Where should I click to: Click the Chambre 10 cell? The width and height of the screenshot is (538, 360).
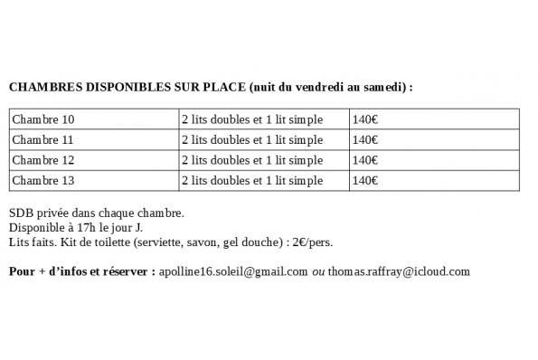(42, 119)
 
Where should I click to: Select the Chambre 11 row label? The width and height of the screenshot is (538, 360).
(42, 140)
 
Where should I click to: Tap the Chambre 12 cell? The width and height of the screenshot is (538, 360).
(42, 160)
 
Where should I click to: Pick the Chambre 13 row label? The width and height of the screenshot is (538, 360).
(42, 180)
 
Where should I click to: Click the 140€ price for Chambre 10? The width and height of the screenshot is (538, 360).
(365, 119)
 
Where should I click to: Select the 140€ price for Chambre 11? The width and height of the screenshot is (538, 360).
(365, 140)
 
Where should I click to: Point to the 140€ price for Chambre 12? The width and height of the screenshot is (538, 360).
(365, 160)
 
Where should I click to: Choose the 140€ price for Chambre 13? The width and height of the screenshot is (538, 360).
(365, 180)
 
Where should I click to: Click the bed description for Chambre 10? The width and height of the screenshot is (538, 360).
(251, 119)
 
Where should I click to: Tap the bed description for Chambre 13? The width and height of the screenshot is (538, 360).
(251, 180)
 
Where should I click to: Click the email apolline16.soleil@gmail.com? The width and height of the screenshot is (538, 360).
(233, 271)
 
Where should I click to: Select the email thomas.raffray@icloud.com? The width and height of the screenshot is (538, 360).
(399, 271)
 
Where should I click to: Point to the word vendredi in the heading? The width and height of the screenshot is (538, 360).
(319, 88)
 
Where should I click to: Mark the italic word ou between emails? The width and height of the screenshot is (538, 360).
(318, 271)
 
